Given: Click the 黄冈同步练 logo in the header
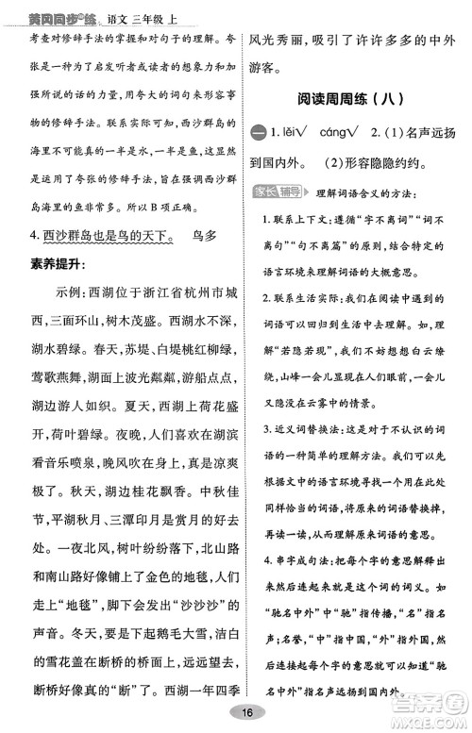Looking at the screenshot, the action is [48, 8].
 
